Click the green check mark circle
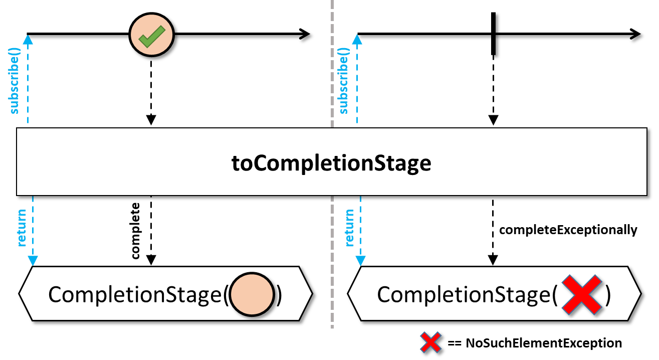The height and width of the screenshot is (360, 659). pyautogui.click(x=151, y=35)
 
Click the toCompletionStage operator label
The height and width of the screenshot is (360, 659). pyautogui.click(x=331, y=163)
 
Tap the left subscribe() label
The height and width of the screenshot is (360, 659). pyautogui.click(x=14, y=81)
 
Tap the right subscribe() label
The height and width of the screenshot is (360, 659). pyautogui.click(x=343, y=81)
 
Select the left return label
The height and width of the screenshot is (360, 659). pyautogui.click(x=22, y=228)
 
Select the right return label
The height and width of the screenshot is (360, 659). pyautogui.click(x=349, y=228)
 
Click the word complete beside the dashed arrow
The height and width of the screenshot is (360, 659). pyautogui.click(x=135, y=231)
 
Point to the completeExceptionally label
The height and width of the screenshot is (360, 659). pyautogui.click(x=568, y=230)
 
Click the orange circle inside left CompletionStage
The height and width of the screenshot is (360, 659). pyautogui.click(x=252, y=294)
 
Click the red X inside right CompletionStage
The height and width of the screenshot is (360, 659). pyautogui.click(x=582, y=295)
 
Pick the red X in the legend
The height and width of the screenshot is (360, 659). pyautogui.click(x=430, y=342)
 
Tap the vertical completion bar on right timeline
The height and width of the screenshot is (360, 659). pyautogui.click(x=493, y=34)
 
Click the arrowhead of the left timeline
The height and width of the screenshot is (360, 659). pyautogui.click(x=305, y=34)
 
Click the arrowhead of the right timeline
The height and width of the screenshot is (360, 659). pyautogui.click(x=635, y=34)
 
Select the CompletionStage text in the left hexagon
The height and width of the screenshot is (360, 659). pyautogui.click(x=135, y=294)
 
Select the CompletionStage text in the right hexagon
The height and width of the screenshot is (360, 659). pyautogui.click(x=464, y=294)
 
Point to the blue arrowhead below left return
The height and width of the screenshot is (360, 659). pyautogui.click(x=33, y=261)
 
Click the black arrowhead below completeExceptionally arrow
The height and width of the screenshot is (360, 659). pyautogui.click(x=493, y=260)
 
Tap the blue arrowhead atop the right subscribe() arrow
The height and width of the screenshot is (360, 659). pyautogui.click(x=357, y=40)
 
